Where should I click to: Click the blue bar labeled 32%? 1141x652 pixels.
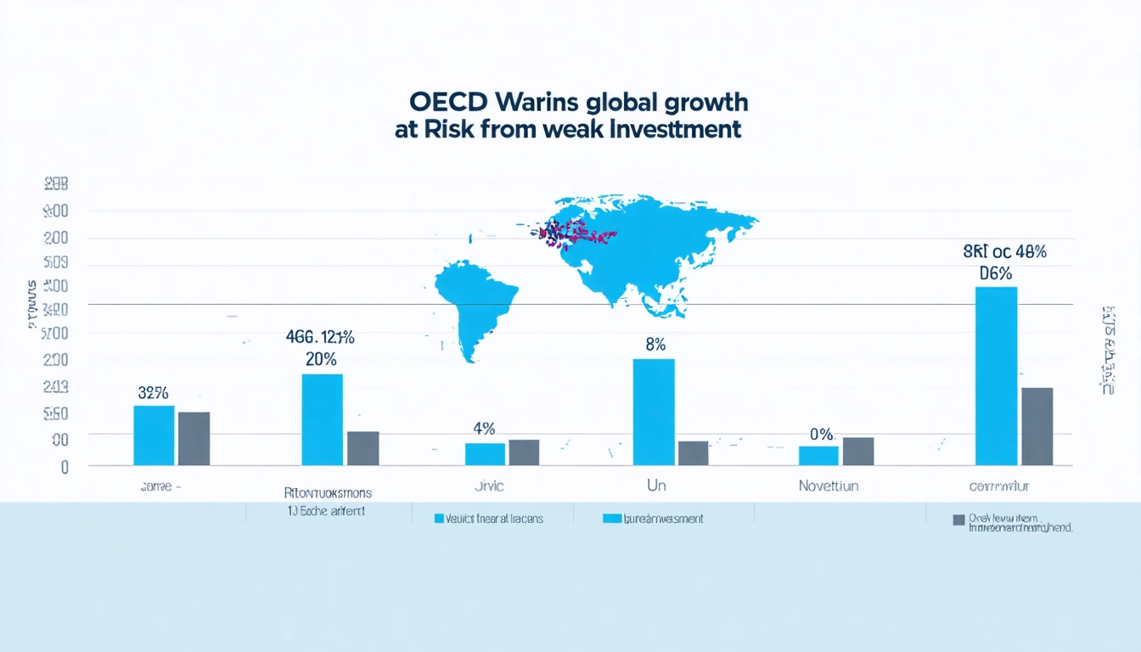click(154, 435)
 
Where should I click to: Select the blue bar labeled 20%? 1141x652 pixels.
click(323, 419)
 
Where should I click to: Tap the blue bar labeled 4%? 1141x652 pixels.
click(485, 453)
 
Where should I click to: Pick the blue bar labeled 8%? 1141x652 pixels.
click(654, 412)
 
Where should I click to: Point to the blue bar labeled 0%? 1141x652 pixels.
click(818, 455)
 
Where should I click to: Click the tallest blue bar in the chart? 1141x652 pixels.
click(996, 375)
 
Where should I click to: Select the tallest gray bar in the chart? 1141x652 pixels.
click(1037, 426)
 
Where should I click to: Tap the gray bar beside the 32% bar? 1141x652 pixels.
click(194, 438)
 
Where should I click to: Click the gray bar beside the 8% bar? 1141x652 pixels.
click(693, 452)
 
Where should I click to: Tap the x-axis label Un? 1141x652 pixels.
click(656, 486)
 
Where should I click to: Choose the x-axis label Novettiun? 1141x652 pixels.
click(828, 486)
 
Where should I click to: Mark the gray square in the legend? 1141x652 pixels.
click(958, 520)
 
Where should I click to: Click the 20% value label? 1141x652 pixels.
click(322, 358)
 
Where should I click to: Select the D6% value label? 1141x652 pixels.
click(996, 273)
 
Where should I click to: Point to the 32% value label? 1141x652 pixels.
click(153, 393)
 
